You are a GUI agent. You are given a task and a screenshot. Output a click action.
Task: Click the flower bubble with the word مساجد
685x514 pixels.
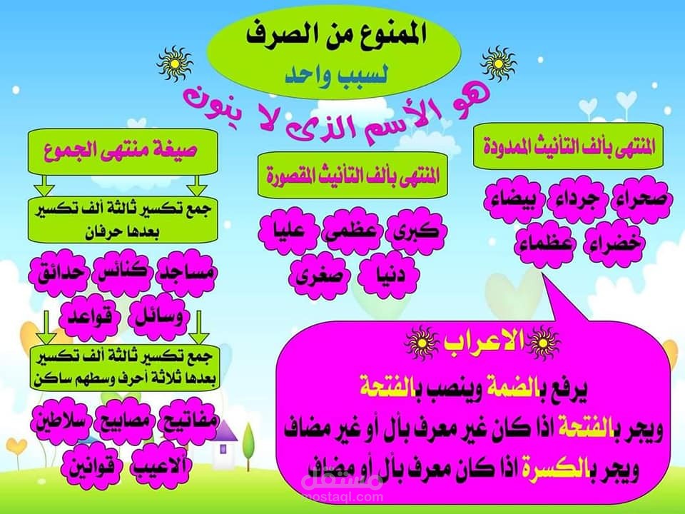click(x=186, y=273)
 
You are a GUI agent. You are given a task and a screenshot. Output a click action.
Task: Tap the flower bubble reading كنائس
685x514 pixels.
click(x=123, y=272)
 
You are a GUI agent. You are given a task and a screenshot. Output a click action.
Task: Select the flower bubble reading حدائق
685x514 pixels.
click(x=60, y=273)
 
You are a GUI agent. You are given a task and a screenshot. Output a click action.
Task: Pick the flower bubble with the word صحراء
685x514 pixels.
click(x=641, y=199)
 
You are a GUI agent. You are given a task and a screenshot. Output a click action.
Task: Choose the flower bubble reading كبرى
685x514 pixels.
click(x=416, y=231)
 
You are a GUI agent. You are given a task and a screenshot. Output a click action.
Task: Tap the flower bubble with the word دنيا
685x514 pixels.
click(x=389, y=275)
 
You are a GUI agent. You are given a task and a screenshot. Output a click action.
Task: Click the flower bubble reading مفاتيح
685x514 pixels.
click(x=188, y=420)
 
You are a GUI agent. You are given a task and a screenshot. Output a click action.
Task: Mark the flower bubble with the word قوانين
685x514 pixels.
click(x=91, y=466)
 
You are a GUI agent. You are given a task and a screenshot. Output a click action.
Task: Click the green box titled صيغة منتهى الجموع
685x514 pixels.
click(x=123, y=151)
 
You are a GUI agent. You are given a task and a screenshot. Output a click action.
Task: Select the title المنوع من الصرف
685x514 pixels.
click(x=335, y=34)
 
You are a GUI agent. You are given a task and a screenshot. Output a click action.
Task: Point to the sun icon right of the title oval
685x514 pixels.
click(x=499, y=64)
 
